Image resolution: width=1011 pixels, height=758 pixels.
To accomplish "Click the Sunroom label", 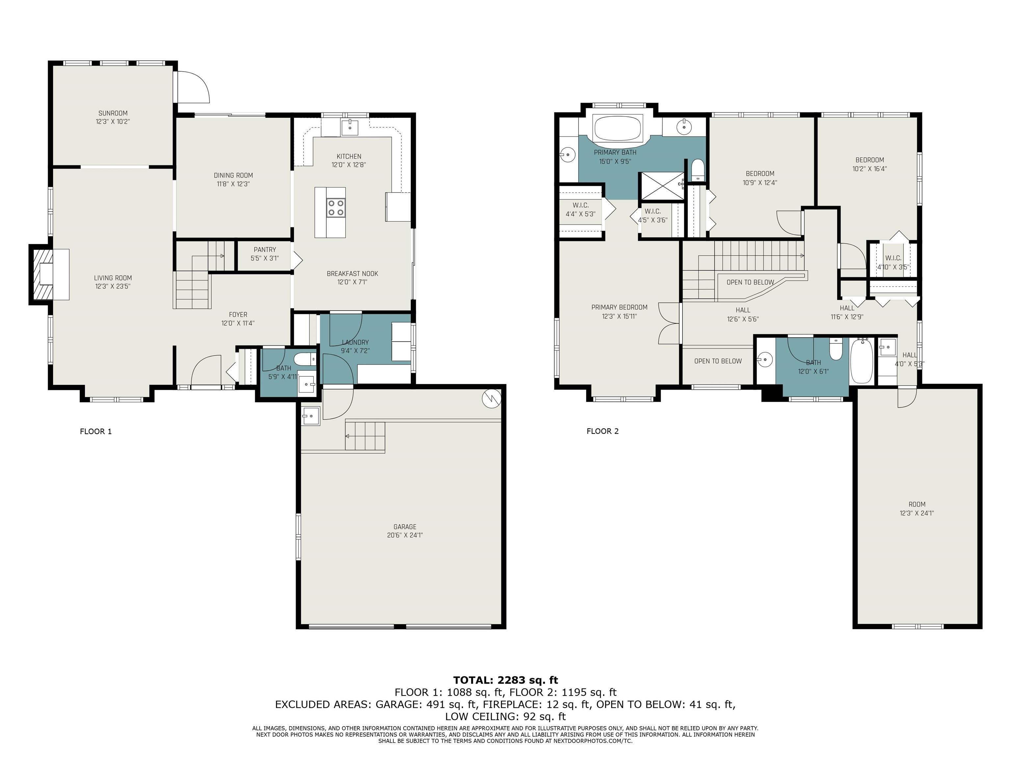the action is click(113, 113).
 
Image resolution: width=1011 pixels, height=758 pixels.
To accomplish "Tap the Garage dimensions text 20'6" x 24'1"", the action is click(405, 535).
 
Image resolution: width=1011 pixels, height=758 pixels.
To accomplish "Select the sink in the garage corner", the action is click(310, 416).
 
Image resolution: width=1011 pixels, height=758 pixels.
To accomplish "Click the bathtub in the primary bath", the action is click(618, 128).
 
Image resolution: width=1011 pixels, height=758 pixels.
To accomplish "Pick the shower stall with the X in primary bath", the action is click(661, 186).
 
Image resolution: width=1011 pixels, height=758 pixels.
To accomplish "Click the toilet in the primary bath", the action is click(697, 169).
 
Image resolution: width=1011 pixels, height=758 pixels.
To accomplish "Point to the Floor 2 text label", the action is click(602, 431).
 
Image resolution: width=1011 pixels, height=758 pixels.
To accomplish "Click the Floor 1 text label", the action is click(95, 431).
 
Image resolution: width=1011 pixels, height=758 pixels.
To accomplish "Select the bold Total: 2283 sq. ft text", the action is click(505, 680).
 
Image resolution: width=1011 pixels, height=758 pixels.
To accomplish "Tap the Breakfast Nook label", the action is click(352, 274).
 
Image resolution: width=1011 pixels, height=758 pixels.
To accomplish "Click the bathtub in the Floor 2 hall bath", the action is click(862, 361).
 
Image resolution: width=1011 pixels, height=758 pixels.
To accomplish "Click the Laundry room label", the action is click(355, 342).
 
